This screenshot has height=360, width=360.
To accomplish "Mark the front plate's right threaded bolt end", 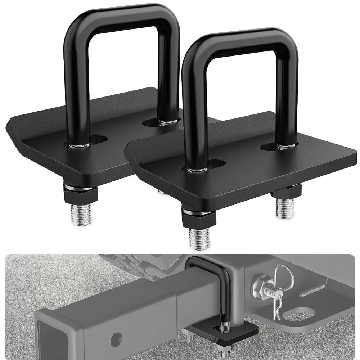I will click(x=285, y=209).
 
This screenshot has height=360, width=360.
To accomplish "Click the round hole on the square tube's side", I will click(x=116, y=338).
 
